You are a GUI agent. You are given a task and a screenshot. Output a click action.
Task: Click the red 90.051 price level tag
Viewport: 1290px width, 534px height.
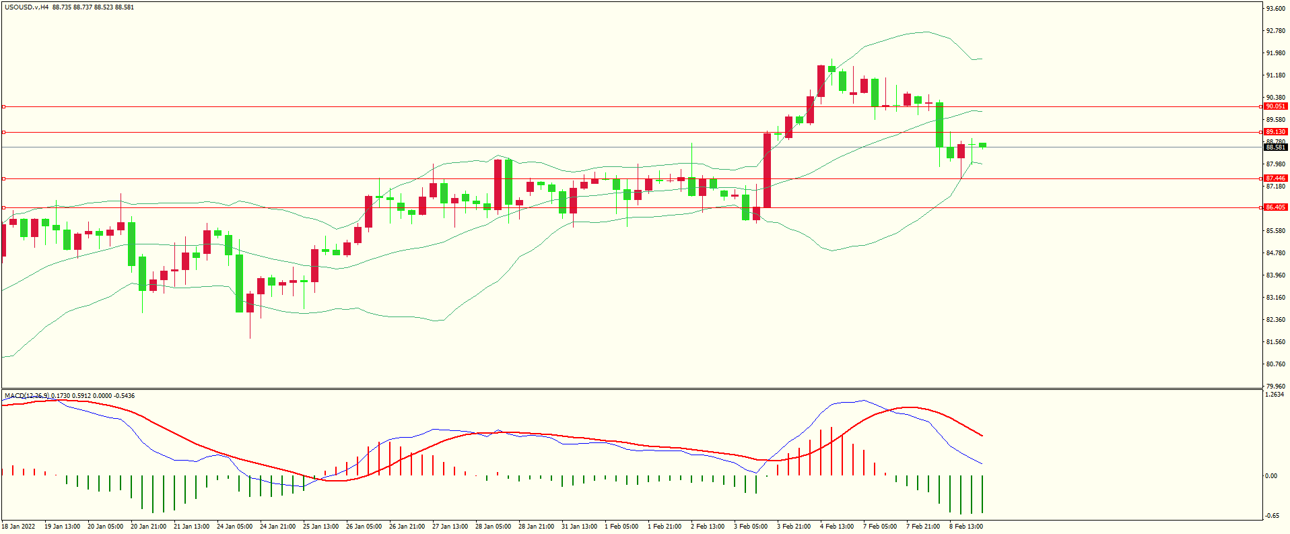coord(1275,106)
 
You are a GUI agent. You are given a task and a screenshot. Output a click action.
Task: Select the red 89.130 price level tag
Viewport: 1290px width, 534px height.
coord(1275,132)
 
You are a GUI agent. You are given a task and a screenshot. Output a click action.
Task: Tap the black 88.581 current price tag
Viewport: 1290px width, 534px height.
coord(1275,147)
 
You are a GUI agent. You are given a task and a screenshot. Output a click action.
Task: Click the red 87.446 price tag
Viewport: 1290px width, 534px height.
coord(1275,178)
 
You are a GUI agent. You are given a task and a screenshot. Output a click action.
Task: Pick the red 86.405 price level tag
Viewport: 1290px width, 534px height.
coord(1275,207)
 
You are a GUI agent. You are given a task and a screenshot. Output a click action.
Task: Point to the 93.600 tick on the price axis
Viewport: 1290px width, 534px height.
coord(1275,9)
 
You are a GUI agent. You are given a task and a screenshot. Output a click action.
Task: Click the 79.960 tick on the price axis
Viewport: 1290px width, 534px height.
coord(1275,387)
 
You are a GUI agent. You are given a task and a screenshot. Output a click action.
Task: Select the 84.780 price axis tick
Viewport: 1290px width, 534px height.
coord(1275,253)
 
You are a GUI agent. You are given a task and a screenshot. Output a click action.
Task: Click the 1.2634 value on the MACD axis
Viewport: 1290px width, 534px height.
coord(1275,395)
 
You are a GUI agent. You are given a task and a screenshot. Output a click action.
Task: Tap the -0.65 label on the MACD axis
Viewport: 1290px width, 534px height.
coord(1271,516)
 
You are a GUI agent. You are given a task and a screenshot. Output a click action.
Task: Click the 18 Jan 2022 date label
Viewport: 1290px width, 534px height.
coord(18,527)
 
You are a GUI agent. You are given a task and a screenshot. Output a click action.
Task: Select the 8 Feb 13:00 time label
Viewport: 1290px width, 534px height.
coord(965,527)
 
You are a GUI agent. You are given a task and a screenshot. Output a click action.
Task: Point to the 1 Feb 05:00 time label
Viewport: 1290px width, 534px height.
coord(621,527)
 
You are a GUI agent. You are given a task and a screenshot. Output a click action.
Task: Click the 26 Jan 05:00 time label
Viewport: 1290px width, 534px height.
coord(364,527)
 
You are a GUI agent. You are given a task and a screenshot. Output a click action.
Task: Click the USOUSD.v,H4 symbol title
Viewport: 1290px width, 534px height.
coord(27,7)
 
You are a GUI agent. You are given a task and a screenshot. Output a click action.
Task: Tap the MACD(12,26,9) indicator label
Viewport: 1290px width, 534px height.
coord(26,396)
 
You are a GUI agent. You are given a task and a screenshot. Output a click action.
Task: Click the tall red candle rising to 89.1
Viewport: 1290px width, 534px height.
coord(767,170)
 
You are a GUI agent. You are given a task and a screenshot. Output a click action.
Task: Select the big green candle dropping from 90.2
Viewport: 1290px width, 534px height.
coord(939,125)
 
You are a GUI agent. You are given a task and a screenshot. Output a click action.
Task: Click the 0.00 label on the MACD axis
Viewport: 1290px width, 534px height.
coord(1270,476)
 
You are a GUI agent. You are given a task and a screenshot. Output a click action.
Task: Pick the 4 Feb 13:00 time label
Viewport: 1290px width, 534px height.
coord(836,527)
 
